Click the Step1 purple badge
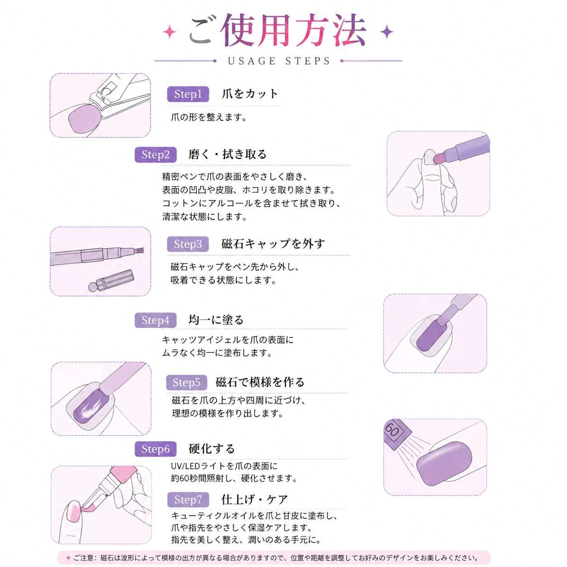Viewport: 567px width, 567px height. point(188,94)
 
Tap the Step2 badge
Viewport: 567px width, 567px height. point(156,155)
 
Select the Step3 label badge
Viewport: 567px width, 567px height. point(188,244)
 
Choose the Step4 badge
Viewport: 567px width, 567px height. point(156,320)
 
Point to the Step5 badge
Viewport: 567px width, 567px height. point(187,383)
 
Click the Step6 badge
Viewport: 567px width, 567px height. point(156,449)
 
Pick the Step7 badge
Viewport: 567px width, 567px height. point(188,500)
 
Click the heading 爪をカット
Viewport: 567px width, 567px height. point(250,94)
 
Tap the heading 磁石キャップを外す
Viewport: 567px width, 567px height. point(273,244)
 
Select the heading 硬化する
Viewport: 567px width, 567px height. point(212,449)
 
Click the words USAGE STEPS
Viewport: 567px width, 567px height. point(279,61)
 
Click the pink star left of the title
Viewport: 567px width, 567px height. point(170,32)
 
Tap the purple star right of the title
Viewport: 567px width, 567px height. point(387,32)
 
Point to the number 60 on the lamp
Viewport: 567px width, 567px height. point(392,431)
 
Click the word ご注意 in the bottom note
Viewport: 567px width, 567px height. point(84,558)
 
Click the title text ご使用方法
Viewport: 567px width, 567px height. point(278,30)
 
